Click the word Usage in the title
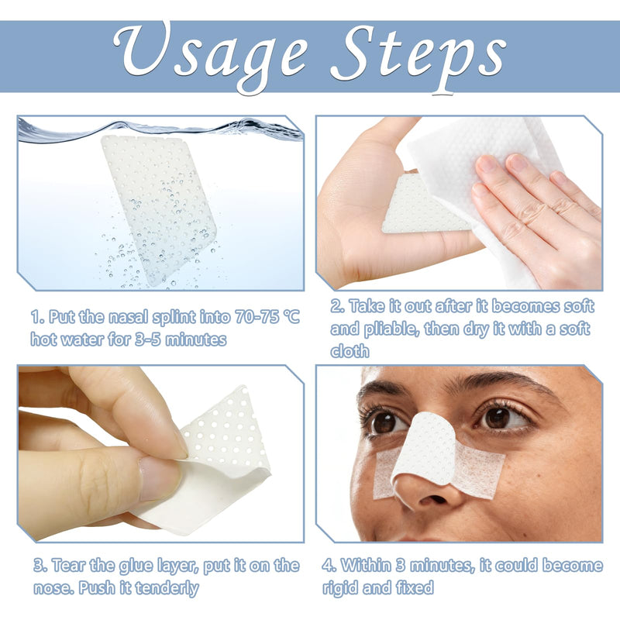[211, 54]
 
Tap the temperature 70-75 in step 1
[257, 317]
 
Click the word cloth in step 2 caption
[350, 351]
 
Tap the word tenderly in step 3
[167, 588]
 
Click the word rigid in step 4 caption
[340, 588]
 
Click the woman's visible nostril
[433, 499]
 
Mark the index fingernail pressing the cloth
[487, 164]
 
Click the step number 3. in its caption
[40, 566]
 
